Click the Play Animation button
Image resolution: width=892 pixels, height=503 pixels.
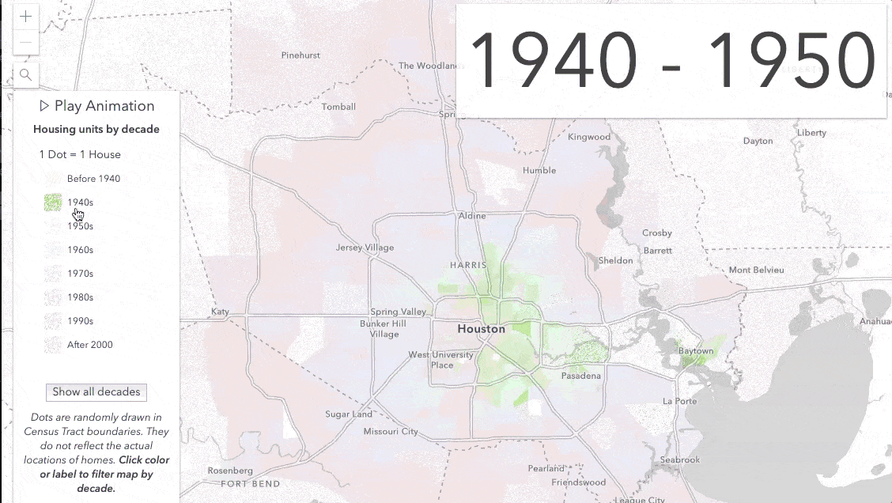[x=96, y=106]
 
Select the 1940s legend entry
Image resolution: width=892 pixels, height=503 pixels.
[x=80, y=202]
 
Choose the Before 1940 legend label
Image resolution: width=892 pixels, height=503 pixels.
[x=93, y=179]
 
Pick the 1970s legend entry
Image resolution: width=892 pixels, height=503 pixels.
[x=80, y=274]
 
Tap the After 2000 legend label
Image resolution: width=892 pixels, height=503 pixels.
[x=89, y=345]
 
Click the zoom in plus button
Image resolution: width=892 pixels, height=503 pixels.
[x=26, y=17]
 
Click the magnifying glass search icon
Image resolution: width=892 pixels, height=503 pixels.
[x=26, y=75]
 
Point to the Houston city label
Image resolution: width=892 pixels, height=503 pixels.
[x=481, y=329]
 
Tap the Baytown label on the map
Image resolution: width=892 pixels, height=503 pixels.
[x=695, y=351]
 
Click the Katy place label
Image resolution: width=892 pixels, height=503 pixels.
[x=220, y=312]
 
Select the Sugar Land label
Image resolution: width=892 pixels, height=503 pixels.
[x=349, y=414]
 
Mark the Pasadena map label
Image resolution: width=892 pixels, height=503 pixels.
[x=581, y=376]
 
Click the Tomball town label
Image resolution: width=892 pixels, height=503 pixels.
[x=338, y=107]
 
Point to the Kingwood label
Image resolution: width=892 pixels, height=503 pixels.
[x=589, y=137]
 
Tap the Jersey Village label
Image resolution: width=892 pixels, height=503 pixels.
[x=365, y=248]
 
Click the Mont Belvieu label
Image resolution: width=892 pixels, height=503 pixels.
[x=756, y=270]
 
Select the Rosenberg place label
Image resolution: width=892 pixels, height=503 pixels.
[x=230, y=471]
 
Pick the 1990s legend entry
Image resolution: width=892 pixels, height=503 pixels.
[x=80, y=321]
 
